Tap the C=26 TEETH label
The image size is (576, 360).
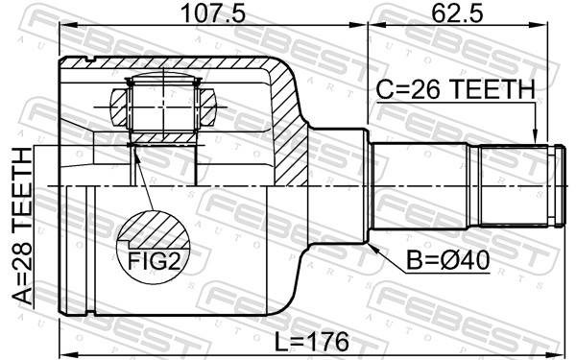(455, 90)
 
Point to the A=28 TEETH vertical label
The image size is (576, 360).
(20, 227)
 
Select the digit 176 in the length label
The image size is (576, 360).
(322, 342)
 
